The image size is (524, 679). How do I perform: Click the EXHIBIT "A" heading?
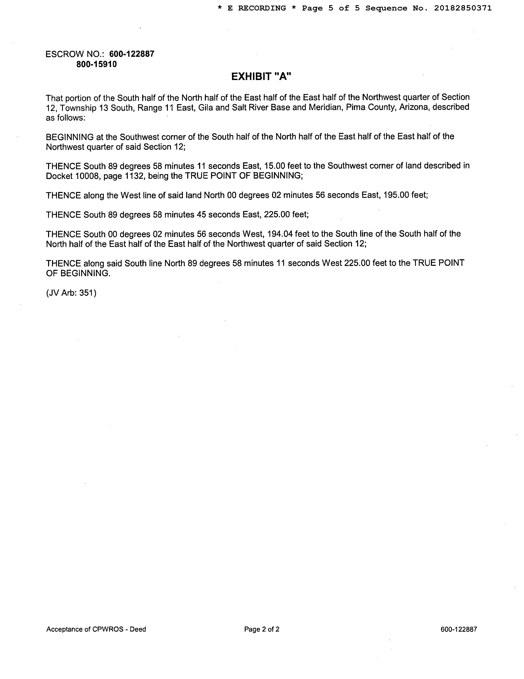click(261, 77)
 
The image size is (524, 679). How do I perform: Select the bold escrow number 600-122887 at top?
click(132, 54)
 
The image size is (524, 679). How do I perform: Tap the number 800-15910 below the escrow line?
click(97, 64)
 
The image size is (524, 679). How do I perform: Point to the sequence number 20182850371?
click(463, 8)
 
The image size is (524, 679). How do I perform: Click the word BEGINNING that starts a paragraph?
click(70, 137)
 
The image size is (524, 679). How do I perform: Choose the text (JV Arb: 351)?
click(71, 293)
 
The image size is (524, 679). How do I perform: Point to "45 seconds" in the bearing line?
click(216, 215)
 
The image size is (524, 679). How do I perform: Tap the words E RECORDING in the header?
click(257, 8)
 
